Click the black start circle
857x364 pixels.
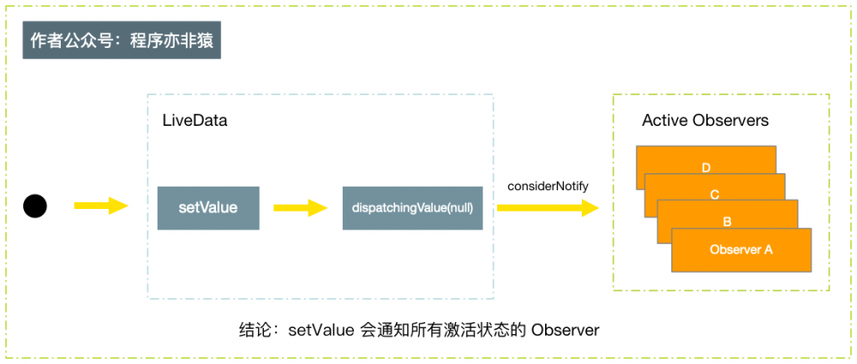coord(35,206)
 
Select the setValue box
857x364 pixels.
coord(208,208)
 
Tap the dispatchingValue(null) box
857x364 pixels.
coord(412,208)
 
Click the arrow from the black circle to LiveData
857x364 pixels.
coord(101,206)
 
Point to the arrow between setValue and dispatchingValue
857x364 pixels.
coord(300,207)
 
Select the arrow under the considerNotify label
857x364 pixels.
coord(547,207)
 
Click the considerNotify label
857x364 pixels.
coord(548,186)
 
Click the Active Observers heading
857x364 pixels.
coord(705,121)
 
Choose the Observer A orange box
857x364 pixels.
coord(741,250)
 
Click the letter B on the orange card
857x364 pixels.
coord(728,221)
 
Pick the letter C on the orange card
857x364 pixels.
coord(715,194)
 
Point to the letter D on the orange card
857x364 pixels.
coord(705,167)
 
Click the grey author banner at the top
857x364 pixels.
coord(122,42)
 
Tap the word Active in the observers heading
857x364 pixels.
coord(665,121)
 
